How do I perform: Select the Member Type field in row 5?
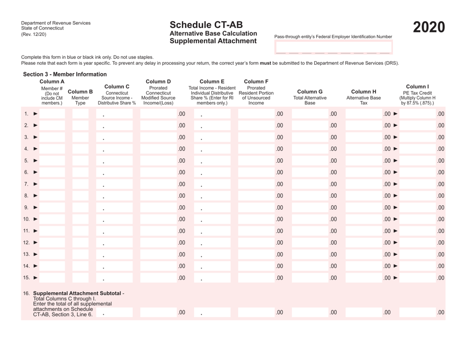point(81,161)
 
